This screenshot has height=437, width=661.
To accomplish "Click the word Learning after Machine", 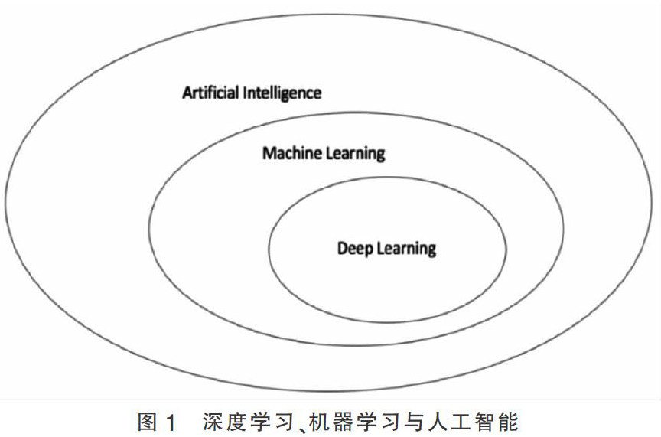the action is tap(353, 154).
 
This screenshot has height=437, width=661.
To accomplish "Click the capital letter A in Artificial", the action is tap(187, 93).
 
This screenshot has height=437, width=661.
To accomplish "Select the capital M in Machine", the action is tap(269, 153).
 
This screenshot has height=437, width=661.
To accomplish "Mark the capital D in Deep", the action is tap(342, 248).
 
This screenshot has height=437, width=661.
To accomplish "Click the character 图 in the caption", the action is tap(147, 421).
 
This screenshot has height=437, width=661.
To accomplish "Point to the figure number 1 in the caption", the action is tap(171, 421).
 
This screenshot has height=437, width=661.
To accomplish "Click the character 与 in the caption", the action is tap(418, 421).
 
